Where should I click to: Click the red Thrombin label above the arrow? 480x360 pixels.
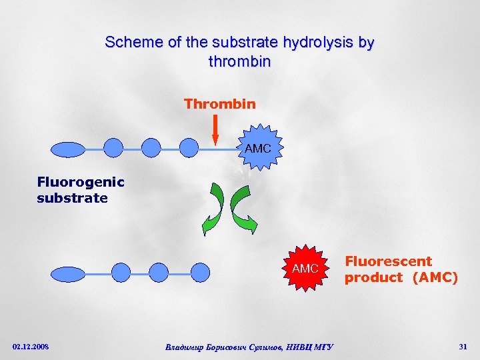pos(219,104)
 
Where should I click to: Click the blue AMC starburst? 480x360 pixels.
pos(258,148)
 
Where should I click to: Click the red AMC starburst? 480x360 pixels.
pos(305,268)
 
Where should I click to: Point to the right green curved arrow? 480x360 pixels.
pos(244,209)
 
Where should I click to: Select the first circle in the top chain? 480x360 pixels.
pos(114,148)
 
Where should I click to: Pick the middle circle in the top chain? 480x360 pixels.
pos(152,148)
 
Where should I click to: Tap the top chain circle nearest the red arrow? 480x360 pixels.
pos(190,148)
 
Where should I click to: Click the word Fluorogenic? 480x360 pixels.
pos(81,182)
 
